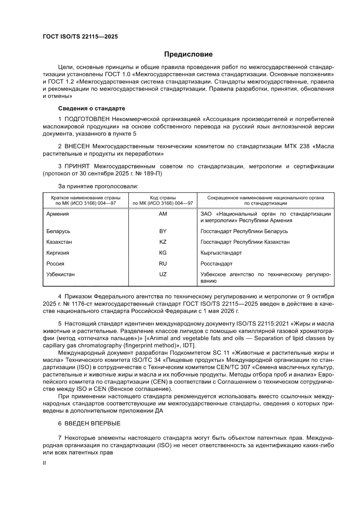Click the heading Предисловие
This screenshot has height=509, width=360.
[188, 54]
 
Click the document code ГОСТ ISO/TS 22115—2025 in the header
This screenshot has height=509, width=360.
[80, 37]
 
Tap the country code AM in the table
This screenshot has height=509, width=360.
[163, 214]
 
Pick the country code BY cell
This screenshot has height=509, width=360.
[163, 231]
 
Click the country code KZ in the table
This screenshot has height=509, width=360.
[163, 242]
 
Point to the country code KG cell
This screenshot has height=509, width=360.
[163, 253]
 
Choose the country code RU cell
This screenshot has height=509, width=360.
[163, 263]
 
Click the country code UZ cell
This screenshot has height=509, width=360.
[163, 274]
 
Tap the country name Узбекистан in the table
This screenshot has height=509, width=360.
[61, 274]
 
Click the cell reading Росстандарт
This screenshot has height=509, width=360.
[216, 264]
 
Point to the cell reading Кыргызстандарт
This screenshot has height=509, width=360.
[221, 253]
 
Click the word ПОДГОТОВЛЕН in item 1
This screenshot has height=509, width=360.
[87, 118]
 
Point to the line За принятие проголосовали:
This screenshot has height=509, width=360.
[98, 186]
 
